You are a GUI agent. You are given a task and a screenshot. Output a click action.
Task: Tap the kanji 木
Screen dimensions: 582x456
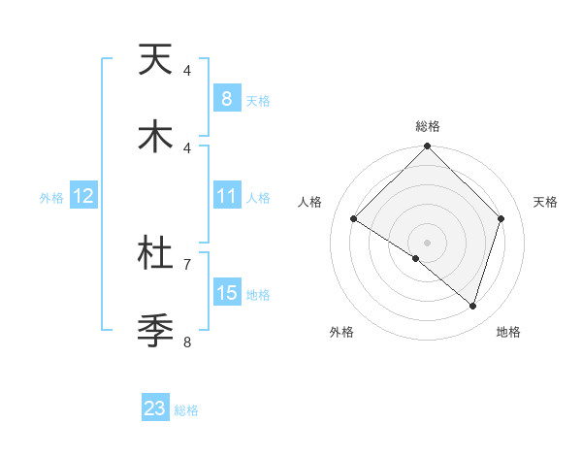point(155,137)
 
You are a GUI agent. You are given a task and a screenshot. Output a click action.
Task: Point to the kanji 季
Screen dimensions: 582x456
point(155,330)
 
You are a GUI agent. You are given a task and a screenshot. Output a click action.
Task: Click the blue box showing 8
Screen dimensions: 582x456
point(226,99)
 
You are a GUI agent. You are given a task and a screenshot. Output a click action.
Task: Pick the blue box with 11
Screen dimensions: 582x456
point(226,196)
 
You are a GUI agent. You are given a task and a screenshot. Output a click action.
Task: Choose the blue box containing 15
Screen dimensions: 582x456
point(226,293)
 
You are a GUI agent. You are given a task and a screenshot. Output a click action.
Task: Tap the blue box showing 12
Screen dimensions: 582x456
point(83,196)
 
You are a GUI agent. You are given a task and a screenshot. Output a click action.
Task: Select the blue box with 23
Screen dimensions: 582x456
point(155,408)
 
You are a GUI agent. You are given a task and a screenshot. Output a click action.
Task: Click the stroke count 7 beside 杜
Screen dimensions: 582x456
point(187,263)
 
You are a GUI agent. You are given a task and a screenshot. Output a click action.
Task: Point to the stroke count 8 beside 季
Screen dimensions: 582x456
point(187,341)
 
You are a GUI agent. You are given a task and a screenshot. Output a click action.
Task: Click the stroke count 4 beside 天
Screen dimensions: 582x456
point(187,71)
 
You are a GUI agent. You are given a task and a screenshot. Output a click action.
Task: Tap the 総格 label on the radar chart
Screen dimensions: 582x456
point(427,126)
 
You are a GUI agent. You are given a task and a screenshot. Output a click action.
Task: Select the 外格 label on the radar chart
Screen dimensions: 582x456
point(340,332)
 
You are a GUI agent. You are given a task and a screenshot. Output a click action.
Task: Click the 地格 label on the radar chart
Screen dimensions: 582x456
point(508,332)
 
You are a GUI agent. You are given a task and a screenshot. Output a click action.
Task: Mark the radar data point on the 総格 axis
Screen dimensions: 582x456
point(427,147)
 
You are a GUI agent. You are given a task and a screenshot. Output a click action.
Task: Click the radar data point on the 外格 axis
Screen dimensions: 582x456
point(416,258)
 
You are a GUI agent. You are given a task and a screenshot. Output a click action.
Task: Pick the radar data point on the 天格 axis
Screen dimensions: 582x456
point(501,218)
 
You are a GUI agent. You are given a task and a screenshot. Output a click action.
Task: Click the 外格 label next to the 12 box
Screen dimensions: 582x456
point(51,197)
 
